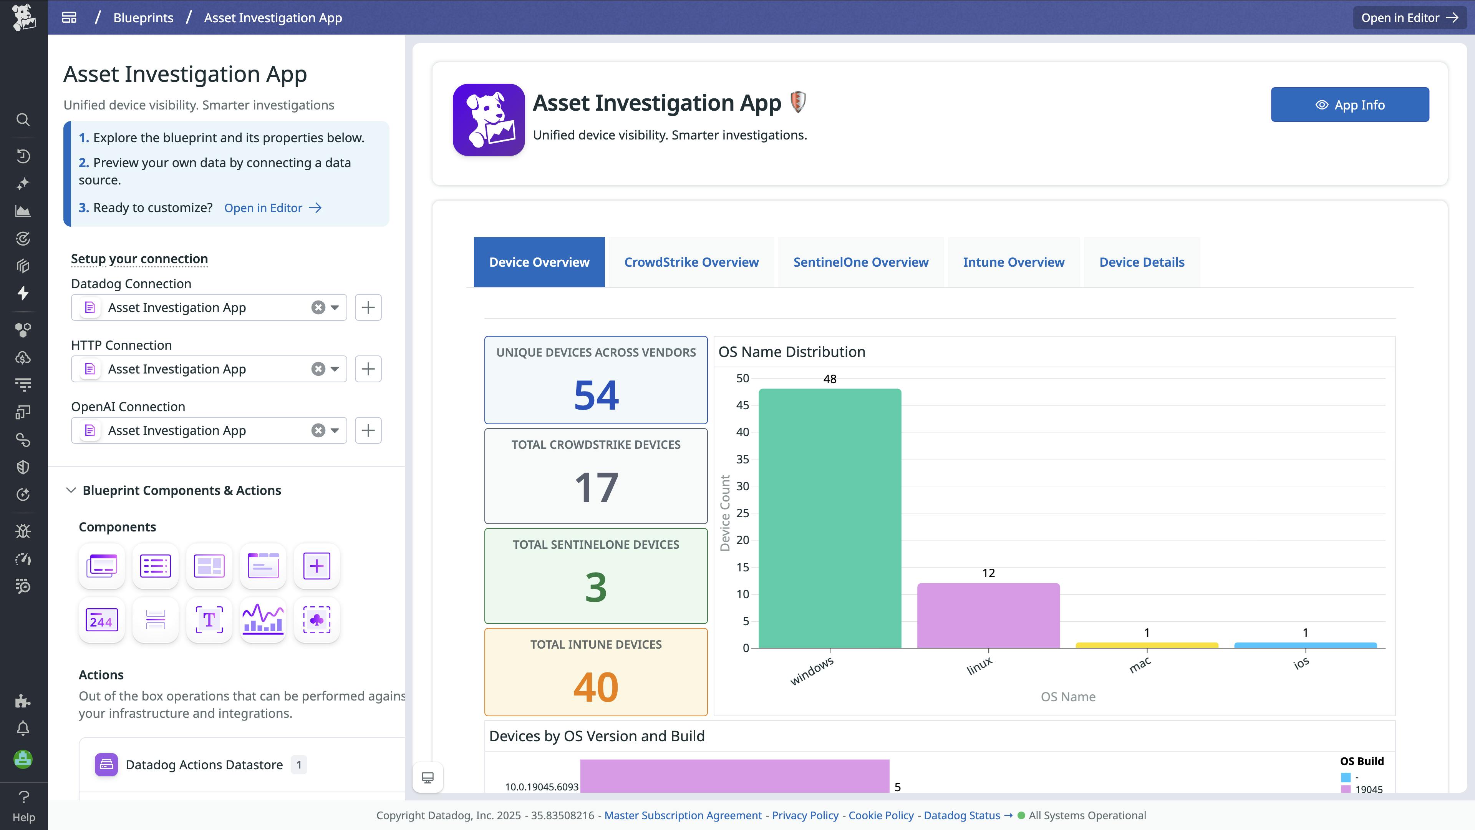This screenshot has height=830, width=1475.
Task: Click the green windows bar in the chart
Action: coord(830,518)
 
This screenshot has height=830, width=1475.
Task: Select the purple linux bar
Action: coord(988,615)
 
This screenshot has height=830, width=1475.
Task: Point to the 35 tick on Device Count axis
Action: coord(742,459)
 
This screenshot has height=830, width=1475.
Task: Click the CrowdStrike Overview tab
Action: coord(691,262)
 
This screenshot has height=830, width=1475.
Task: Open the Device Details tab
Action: coord(1141,262)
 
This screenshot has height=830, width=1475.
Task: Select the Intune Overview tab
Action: coord(1014,262)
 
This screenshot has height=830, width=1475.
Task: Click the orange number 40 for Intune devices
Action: coord(596,687)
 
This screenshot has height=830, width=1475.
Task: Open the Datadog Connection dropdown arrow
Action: coord(335,307)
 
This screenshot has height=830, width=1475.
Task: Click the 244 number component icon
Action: coord(101,620)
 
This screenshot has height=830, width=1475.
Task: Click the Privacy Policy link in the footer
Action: coord(804,815)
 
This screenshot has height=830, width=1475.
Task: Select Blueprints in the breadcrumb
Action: coord(143,18)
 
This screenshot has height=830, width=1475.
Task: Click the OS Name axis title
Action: coord(1068,697)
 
